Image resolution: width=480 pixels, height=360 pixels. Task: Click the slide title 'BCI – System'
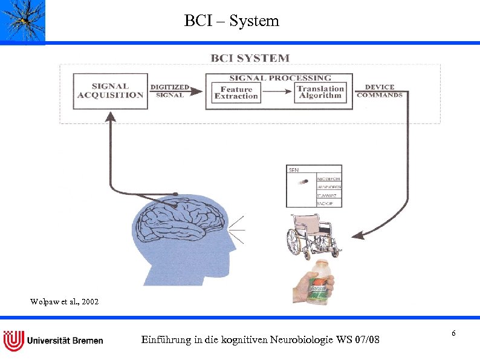coord(232,21)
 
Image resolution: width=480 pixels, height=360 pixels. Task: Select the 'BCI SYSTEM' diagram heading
coord(250,58)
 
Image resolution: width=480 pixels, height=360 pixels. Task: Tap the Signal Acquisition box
coord(110,91)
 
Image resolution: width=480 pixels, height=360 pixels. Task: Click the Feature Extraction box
coord(236,93)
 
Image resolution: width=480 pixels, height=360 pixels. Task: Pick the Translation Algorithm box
coord(320,93)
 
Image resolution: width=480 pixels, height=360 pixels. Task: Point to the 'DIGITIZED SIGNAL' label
coord(169,91)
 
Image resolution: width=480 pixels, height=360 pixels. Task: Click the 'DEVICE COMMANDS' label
coord(379,91)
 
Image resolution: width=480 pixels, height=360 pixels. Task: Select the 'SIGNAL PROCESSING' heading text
coord(280,78)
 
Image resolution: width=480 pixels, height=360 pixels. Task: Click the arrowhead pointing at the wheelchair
coord(357,234)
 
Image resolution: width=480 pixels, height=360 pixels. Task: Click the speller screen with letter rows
coord(313,186)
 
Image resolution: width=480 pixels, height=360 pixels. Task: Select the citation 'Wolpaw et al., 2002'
coord(64,301)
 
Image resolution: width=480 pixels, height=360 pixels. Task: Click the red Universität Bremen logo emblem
coord(13,340)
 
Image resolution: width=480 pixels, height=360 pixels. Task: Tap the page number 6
coord(453,334)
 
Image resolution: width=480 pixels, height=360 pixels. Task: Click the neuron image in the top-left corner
coord(23,21)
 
